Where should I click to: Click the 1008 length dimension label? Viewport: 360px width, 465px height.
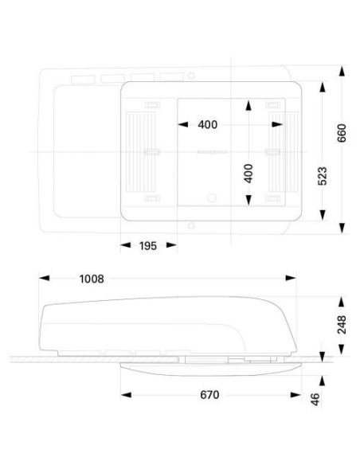pos(92,279)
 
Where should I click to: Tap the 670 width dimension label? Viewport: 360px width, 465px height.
pos(209,395)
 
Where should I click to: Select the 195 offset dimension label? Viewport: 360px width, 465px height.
pos(148,246)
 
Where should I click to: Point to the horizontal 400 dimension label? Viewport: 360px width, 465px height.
pos(208,124)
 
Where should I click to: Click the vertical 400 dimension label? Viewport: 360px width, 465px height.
pos(248,174)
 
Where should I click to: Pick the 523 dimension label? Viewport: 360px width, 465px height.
pos(323,176)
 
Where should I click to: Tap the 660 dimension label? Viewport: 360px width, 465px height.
pos(342,133)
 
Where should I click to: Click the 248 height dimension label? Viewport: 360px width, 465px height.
pos(342,325)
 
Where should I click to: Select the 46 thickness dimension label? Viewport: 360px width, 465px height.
pos(315,399)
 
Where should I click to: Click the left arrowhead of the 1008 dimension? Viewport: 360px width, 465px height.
pos(44,278)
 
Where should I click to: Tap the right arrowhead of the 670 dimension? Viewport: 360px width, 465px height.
pos(295,395)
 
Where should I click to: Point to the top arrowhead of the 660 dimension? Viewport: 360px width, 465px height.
pos(342,71)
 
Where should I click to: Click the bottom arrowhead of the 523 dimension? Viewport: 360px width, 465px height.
pos(323,215)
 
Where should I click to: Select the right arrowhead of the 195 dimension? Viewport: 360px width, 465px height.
pos(172,245)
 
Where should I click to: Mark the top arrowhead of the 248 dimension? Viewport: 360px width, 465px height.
pos(342,302)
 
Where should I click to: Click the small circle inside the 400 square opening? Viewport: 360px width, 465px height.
pos(212,197)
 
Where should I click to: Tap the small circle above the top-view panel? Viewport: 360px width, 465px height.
pos(192,76)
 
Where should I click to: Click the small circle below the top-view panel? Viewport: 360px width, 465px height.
pos(191,225)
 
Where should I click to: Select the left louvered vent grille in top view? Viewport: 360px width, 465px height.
pos(140,152)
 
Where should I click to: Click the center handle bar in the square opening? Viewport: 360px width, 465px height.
pos(212,152)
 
